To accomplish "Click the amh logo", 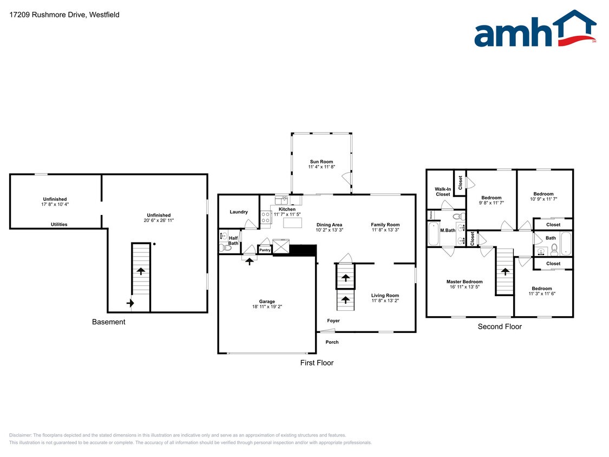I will [x=535, y=29].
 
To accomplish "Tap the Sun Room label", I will [x=322, y=161].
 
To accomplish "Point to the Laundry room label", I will [x=239, y=212].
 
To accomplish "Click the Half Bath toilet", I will [x=225, y=248].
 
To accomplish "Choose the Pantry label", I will [x=265, y=250].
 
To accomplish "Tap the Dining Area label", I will [x=329, y=225].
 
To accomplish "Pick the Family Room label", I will [x=385, y=225].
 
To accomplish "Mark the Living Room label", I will [x=385, y=296].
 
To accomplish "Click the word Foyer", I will [x=333, y=321].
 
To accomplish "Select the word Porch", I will [x=332, y=342].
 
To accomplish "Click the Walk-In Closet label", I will [x=443, y=192].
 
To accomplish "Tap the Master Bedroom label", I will [x=464, y=282].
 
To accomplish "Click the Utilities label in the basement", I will [x=59, y=224].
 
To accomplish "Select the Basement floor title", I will [x=108, y=322].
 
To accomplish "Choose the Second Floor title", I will [x=500, y=327].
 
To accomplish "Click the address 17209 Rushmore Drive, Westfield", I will [x=64, y=15].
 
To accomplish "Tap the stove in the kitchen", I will [x=266, y=217].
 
